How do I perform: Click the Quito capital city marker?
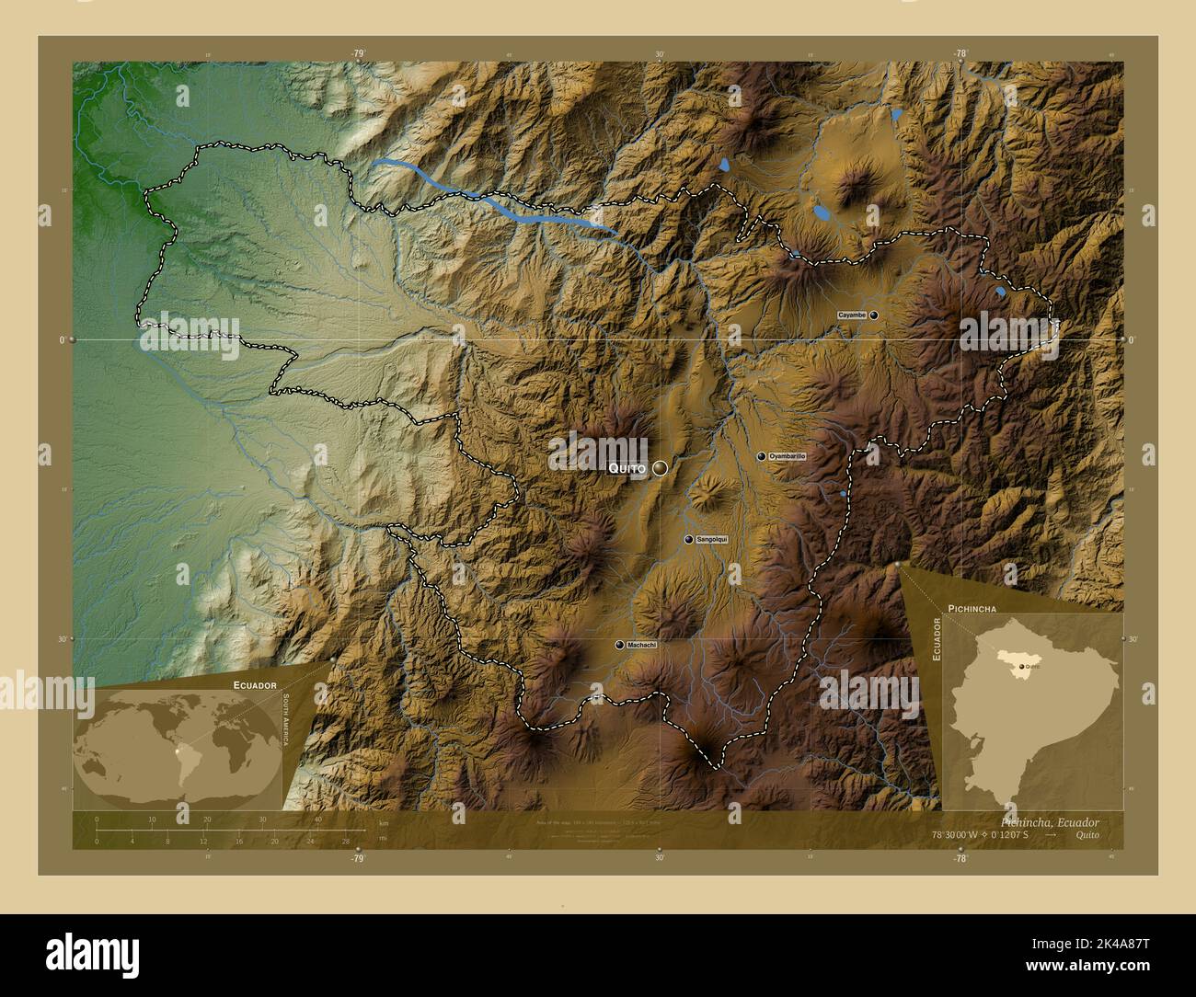tap(660, 468)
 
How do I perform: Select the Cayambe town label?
tap(851, 315)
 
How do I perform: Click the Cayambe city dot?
tap(873, 315)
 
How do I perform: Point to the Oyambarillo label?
tap(788, 456)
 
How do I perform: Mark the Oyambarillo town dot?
tap(761, 456)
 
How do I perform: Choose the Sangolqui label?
tap(712, 539)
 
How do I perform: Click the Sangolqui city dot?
tap(688, 539)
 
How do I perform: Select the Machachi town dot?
tap(618, 645)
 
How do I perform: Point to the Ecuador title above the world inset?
tap(255, 686)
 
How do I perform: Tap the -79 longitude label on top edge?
tap(357, 53)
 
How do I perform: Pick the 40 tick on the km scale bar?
tap(318, 819)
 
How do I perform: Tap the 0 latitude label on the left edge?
tap(62, 339)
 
